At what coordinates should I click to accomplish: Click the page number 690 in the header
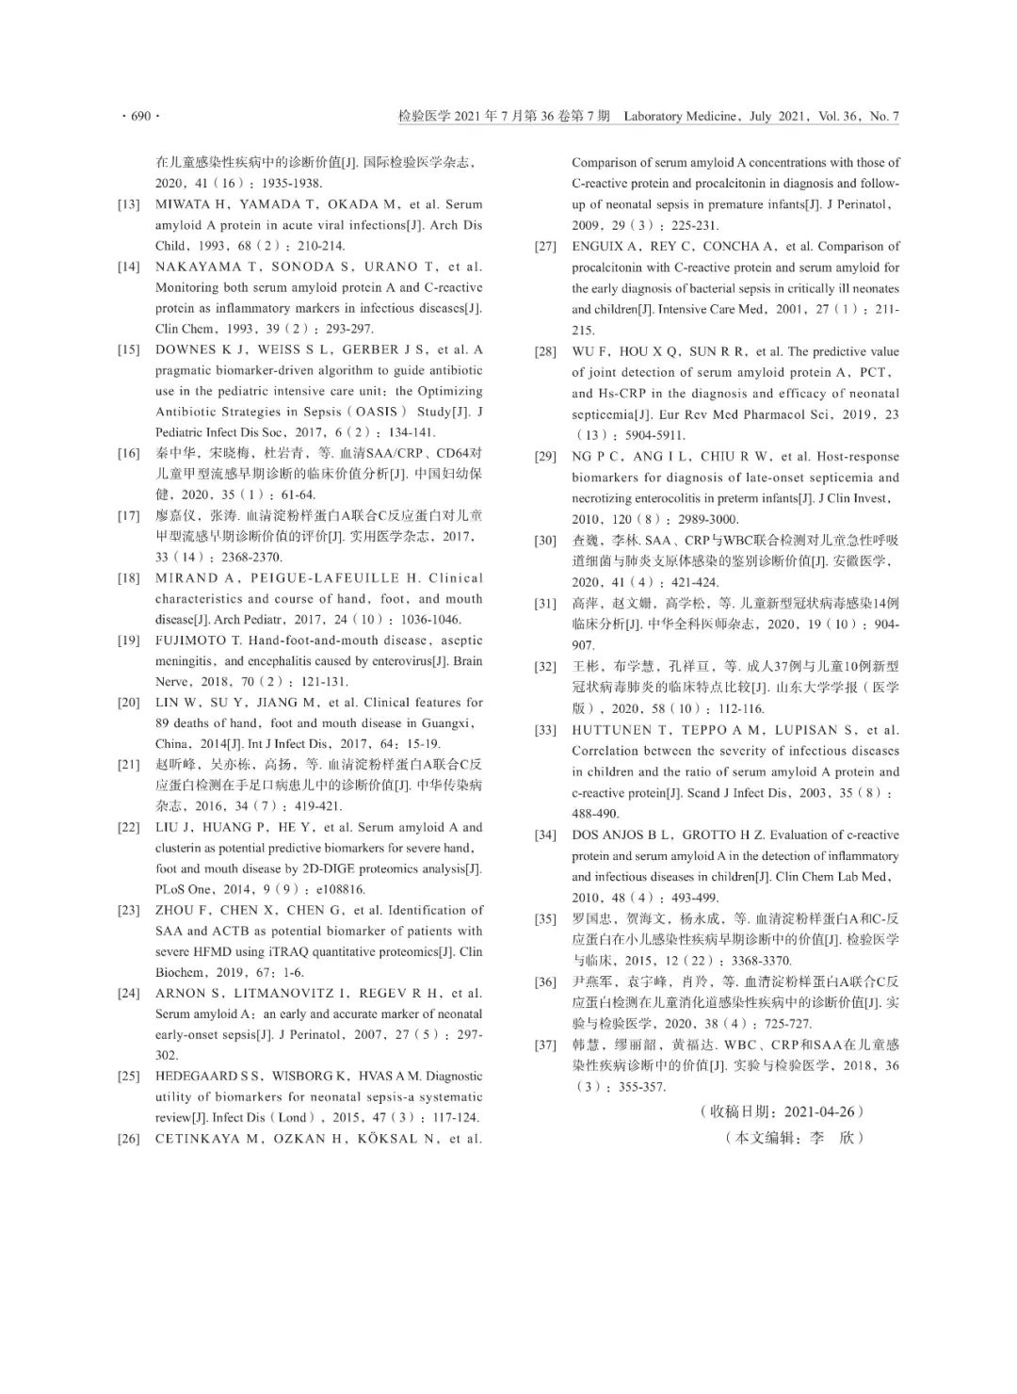click(x=140, y=117)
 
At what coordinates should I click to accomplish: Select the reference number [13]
click(x=129, y=204)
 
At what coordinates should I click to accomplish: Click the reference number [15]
click(x=129, y=349)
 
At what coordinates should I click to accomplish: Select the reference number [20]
click(x=129, y=703)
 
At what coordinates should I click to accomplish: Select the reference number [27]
click(x=545, y=247)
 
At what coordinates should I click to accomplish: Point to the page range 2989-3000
click(x=702, y=519)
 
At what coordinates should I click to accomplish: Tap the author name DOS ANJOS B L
click(x=622, y=835)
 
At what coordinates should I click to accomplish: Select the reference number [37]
click(x=545, y=1045)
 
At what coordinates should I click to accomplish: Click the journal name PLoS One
click(x=184, y=889)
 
